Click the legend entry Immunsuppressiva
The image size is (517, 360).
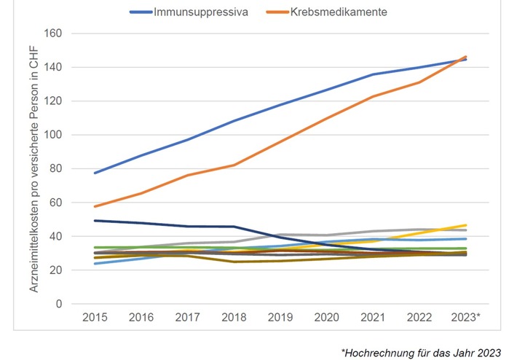pos(196,12)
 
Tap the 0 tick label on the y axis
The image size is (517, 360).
pos(58,304)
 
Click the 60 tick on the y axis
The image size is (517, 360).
pos(55,203)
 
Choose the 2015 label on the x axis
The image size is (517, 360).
pos(95,318)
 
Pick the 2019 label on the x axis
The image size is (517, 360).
pos(280,318)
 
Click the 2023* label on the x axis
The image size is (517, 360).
pos(467,318)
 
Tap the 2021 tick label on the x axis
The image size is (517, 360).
pos(373,318)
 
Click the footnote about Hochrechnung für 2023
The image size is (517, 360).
pos(421,352)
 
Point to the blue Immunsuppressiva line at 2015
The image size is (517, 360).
pos(95,173)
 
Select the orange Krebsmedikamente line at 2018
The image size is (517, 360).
pos(234,165)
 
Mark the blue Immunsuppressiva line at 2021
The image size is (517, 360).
pos(373,74)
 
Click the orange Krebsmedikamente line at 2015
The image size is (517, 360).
pos(95,206)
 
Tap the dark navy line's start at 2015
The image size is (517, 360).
pos(95,220)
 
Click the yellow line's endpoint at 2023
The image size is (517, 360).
pos(466,225)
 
